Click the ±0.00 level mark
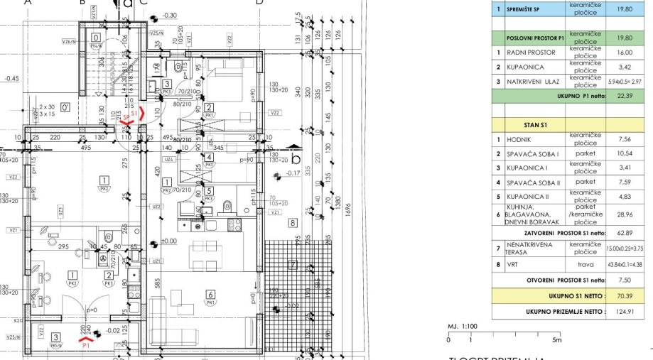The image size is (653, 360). (168, 241)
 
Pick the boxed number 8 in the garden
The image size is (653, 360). (292, 222)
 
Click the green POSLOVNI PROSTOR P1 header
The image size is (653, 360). (535, 38)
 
